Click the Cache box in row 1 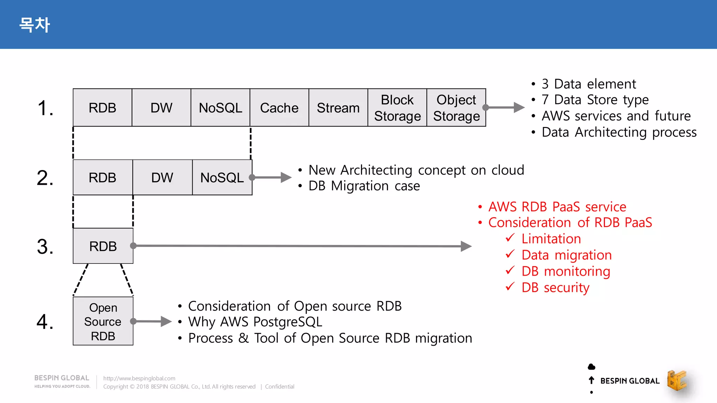(x=279, y=108)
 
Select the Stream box (x=338, y=108)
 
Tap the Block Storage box (x=397, y=108)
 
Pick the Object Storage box (x=456, y=108)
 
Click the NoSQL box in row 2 (x=222, y=177)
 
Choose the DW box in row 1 (x=161, y=108)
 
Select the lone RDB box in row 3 (x=103, y=246)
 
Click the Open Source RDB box (x=103, y=321)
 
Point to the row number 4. (x=45, y=321)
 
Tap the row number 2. (x=45, y=178)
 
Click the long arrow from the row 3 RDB (x=301, y=246)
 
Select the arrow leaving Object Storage (x=504, y=107)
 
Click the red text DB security (x=555, y=288)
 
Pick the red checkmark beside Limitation (x=510, y=238)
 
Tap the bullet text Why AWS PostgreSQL (x=255, y=322)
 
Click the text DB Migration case (x=364, y=186)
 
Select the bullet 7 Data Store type (x=595, y=100)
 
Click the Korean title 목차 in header (x=34, y=25)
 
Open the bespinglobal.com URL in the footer (x=139, y=378)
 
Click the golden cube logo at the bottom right (x=677, y=380)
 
